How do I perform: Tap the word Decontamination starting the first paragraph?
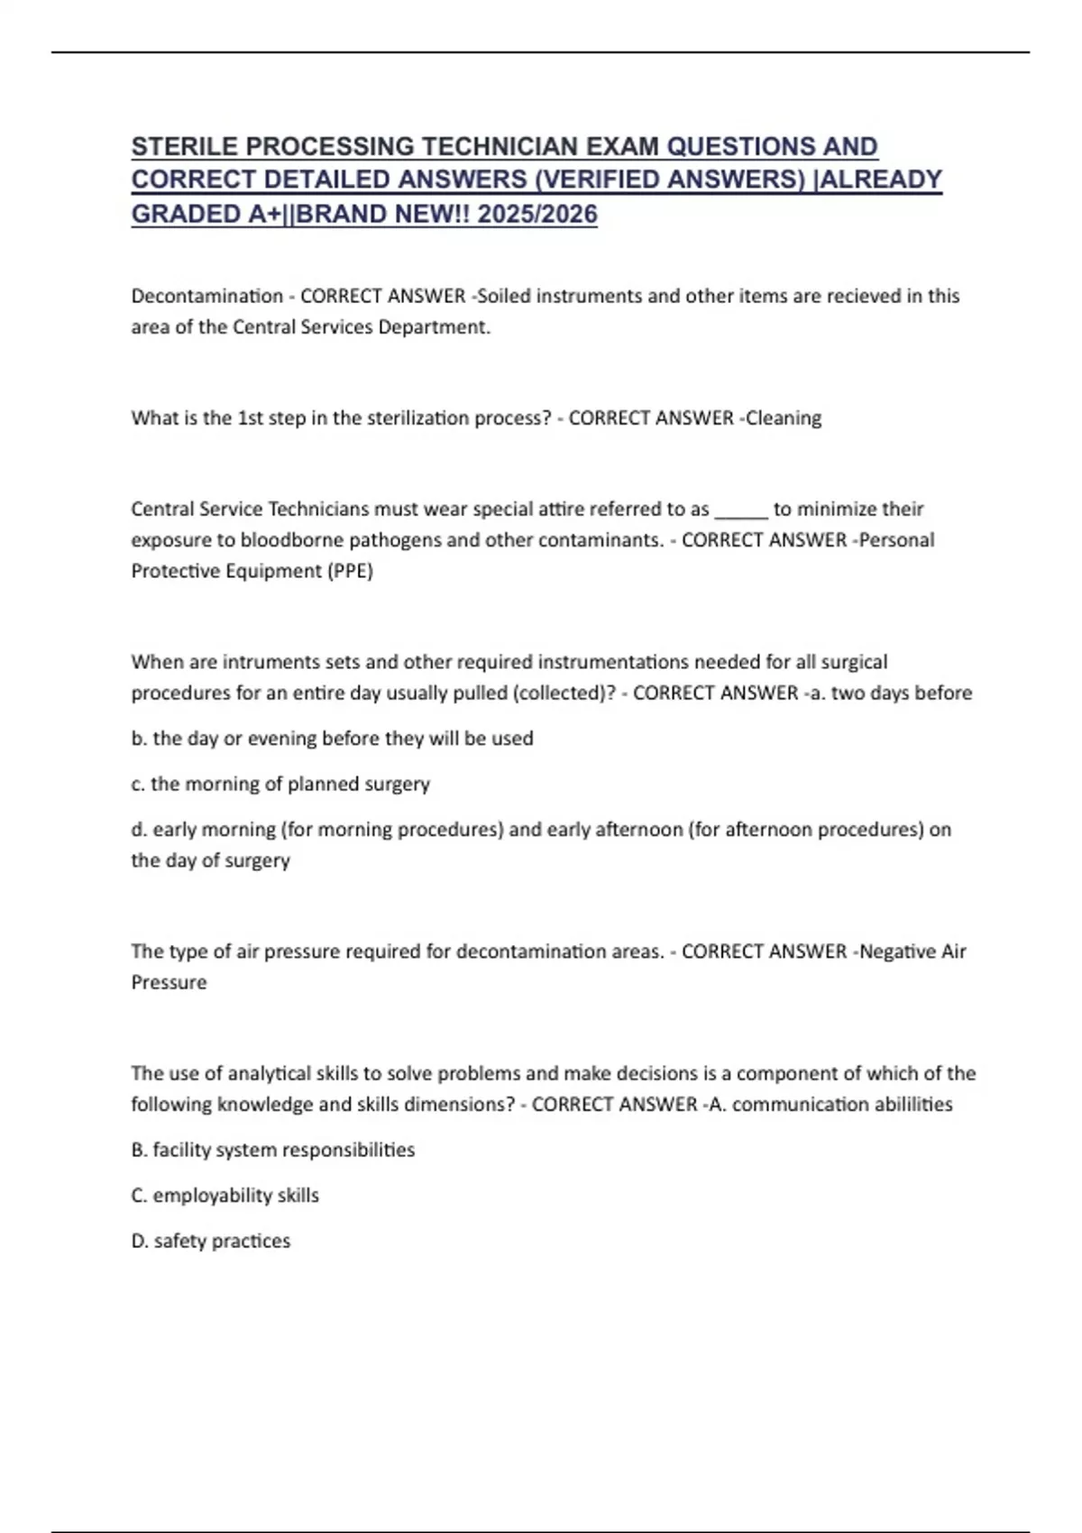tap(206, 296)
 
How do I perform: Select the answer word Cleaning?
tap(784, 418)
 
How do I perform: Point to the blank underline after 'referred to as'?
tap(741, 509)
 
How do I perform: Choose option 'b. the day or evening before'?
tap(332, 739)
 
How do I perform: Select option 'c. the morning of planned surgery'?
tap(280, 784)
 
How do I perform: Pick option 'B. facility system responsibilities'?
tap(273, 1150)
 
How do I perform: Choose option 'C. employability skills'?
tap(225, 1195)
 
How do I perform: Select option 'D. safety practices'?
tap(211, 1241)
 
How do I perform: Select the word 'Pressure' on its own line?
tap(169, 982)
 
